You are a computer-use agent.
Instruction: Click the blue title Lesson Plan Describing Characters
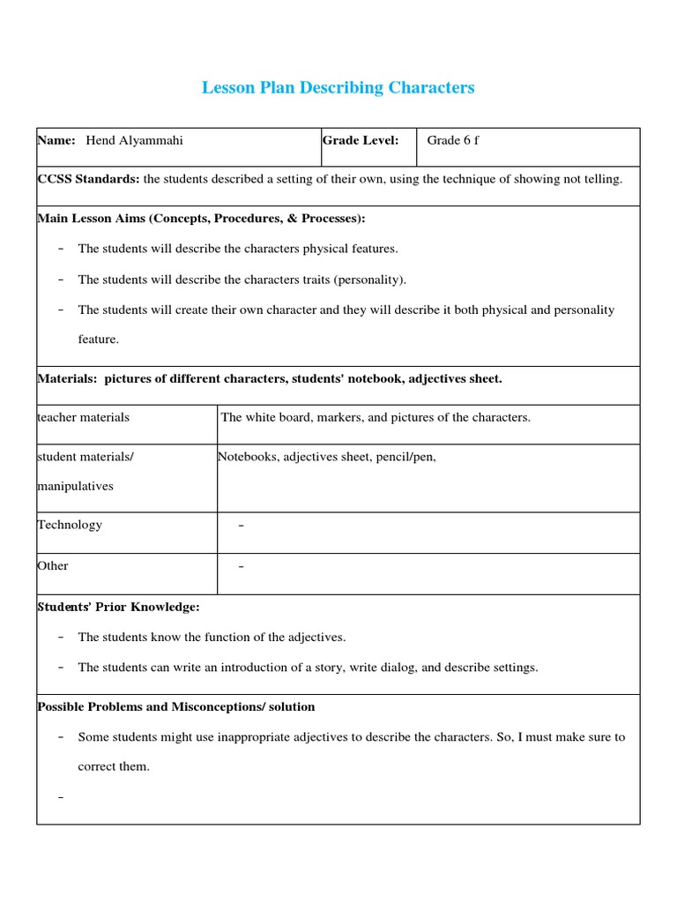click(x=338, y=87)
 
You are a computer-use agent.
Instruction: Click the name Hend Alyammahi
click(x=134, y=140)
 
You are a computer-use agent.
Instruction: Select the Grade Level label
click(x=360, y=140)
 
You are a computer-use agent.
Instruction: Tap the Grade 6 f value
click(x=452, y=140)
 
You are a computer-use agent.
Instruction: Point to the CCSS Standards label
click(x=88, y=179)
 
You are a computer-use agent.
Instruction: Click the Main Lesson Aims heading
click(x=201, y=218)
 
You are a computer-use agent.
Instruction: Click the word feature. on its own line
click(x=98, y=340)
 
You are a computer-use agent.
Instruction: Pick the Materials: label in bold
click(x=68, y=378)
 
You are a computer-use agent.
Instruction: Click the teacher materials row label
click(x=83, y=417)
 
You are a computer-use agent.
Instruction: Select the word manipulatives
click(x=75, y=486)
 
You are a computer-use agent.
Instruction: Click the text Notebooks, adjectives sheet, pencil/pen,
click(x=327, y=456)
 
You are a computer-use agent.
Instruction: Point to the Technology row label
click(x=70, y=525)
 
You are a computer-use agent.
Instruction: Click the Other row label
click(x=53, y=565)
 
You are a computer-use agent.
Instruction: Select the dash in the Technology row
click(x=242, y=526)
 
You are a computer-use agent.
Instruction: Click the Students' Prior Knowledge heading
click(x=118, y=607)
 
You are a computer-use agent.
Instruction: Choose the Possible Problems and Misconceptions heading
click(x=175, y=706)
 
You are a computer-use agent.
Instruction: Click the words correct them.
click(x=114, y=766)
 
